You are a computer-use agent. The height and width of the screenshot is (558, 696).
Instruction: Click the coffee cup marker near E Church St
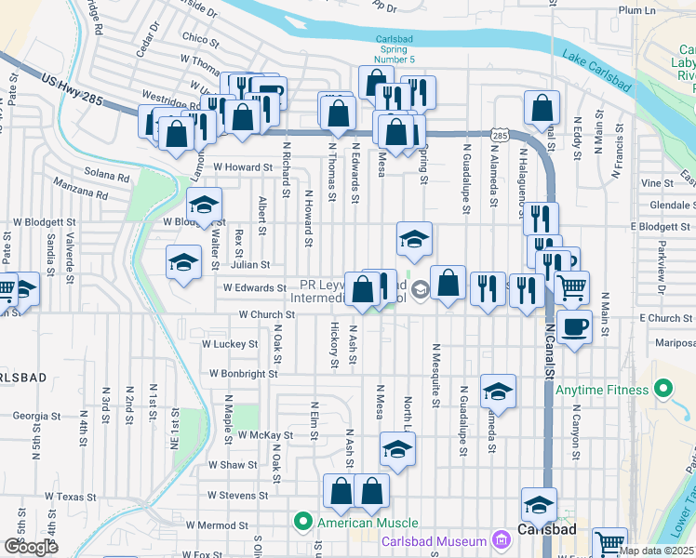[575, 327]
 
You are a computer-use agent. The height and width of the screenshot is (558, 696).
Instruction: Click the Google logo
[31, 547]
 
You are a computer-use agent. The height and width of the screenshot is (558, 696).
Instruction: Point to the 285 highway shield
[501, 137]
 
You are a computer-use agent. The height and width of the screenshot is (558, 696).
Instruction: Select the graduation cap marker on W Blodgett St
[204, 205]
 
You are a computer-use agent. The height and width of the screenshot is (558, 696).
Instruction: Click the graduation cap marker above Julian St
[414, 239]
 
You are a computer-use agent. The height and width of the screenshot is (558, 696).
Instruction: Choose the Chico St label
[200, 39]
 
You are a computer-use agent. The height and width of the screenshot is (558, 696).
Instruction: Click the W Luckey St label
[230, 344]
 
